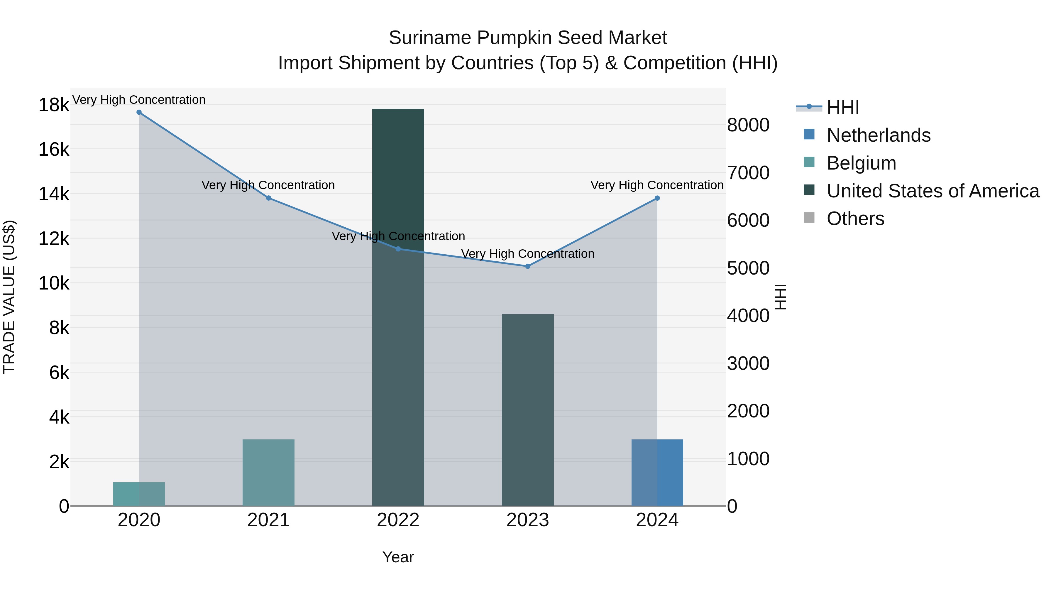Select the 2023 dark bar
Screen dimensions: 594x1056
pyautogui.click(x=528, y=410)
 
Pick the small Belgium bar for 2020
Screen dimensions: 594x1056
pyautogui.click(x=139, y=494)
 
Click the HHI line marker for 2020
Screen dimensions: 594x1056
pyautogui.click(x=139, y=112)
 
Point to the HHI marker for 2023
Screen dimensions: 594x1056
pyautogui.click(x=528, y=266)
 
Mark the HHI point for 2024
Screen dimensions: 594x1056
pyautogui.click(x=657, y=198)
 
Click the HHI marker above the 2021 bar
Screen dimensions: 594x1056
pyautogui.click(x=268, y=198)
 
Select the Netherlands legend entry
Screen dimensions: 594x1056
pyautogui.click(x=879, y=135)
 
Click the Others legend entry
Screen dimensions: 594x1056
pyautogui.click(x=856, y=219)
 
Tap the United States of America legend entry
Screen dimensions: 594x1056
pyautogui.click(x=933, y=191)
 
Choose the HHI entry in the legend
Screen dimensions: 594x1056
pyautogui.click(x=843, y=107)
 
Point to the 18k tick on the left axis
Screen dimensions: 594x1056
pyautogui.click(x=54, y=105)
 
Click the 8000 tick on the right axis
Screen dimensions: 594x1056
pyautogui.click(x=748, y=125)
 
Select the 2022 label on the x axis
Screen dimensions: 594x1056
pyautogui.click(x=398, y=520)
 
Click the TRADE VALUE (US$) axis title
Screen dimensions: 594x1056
pyautogui.click(x=9, y=297)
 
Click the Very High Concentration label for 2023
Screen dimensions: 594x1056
pyautogui.click(x=528, y=254)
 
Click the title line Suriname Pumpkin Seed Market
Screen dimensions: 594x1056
pyautogui.click(x=528, y=38)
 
